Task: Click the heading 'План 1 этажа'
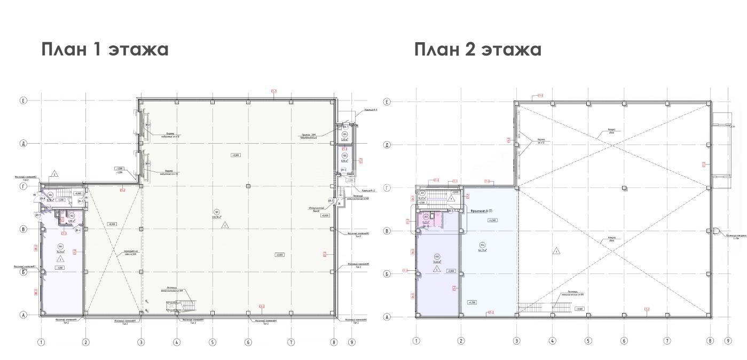[105, 49]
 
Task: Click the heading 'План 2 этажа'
[478, 49]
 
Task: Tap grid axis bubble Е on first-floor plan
[23, 100]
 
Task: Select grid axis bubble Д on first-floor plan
[23, 143]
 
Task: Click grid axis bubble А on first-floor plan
[23, 315]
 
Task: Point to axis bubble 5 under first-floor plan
[213, 342]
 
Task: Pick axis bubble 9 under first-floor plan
[351, 342]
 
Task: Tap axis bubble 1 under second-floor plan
[417, 341]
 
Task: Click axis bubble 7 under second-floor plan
[667, 341]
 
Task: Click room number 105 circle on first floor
[344, 135]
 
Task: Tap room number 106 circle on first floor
[344, 155]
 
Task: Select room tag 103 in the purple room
[61, 247]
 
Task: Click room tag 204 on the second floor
[482, 245]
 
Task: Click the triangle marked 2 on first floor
[54, 175]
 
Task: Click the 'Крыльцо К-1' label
[371, 110]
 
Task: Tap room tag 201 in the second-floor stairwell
[422, 193]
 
